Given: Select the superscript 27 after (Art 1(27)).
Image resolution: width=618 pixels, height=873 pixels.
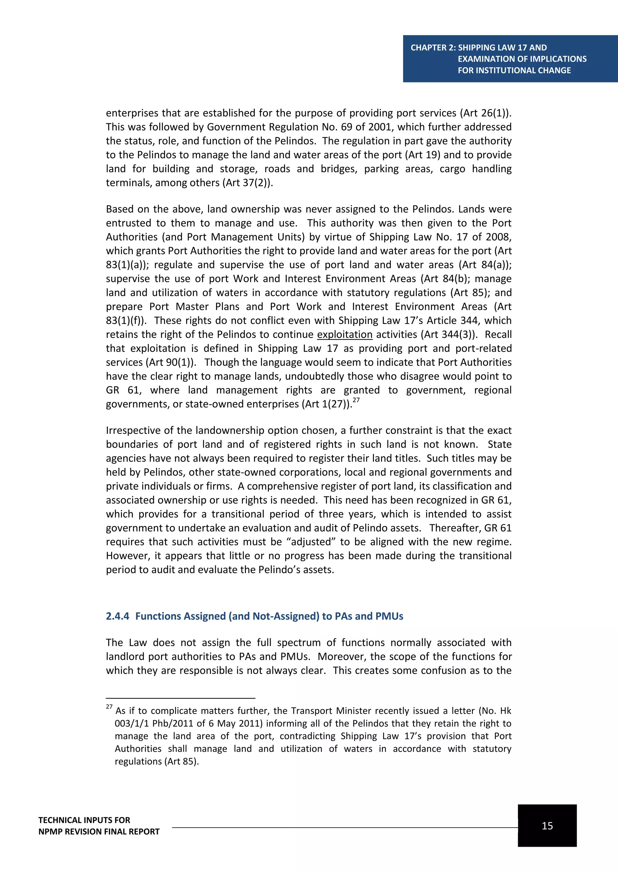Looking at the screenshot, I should pos(356,400).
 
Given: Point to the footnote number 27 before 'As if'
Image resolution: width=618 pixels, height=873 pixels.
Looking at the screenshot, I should pos(109,707).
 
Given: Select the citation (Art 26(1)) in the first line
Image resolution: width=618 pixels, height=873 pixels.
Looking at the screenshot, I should pos(486,113).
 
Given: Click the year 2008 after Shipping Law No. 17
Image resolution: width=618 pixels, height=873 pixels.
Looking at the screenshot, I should pos(497,237).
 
